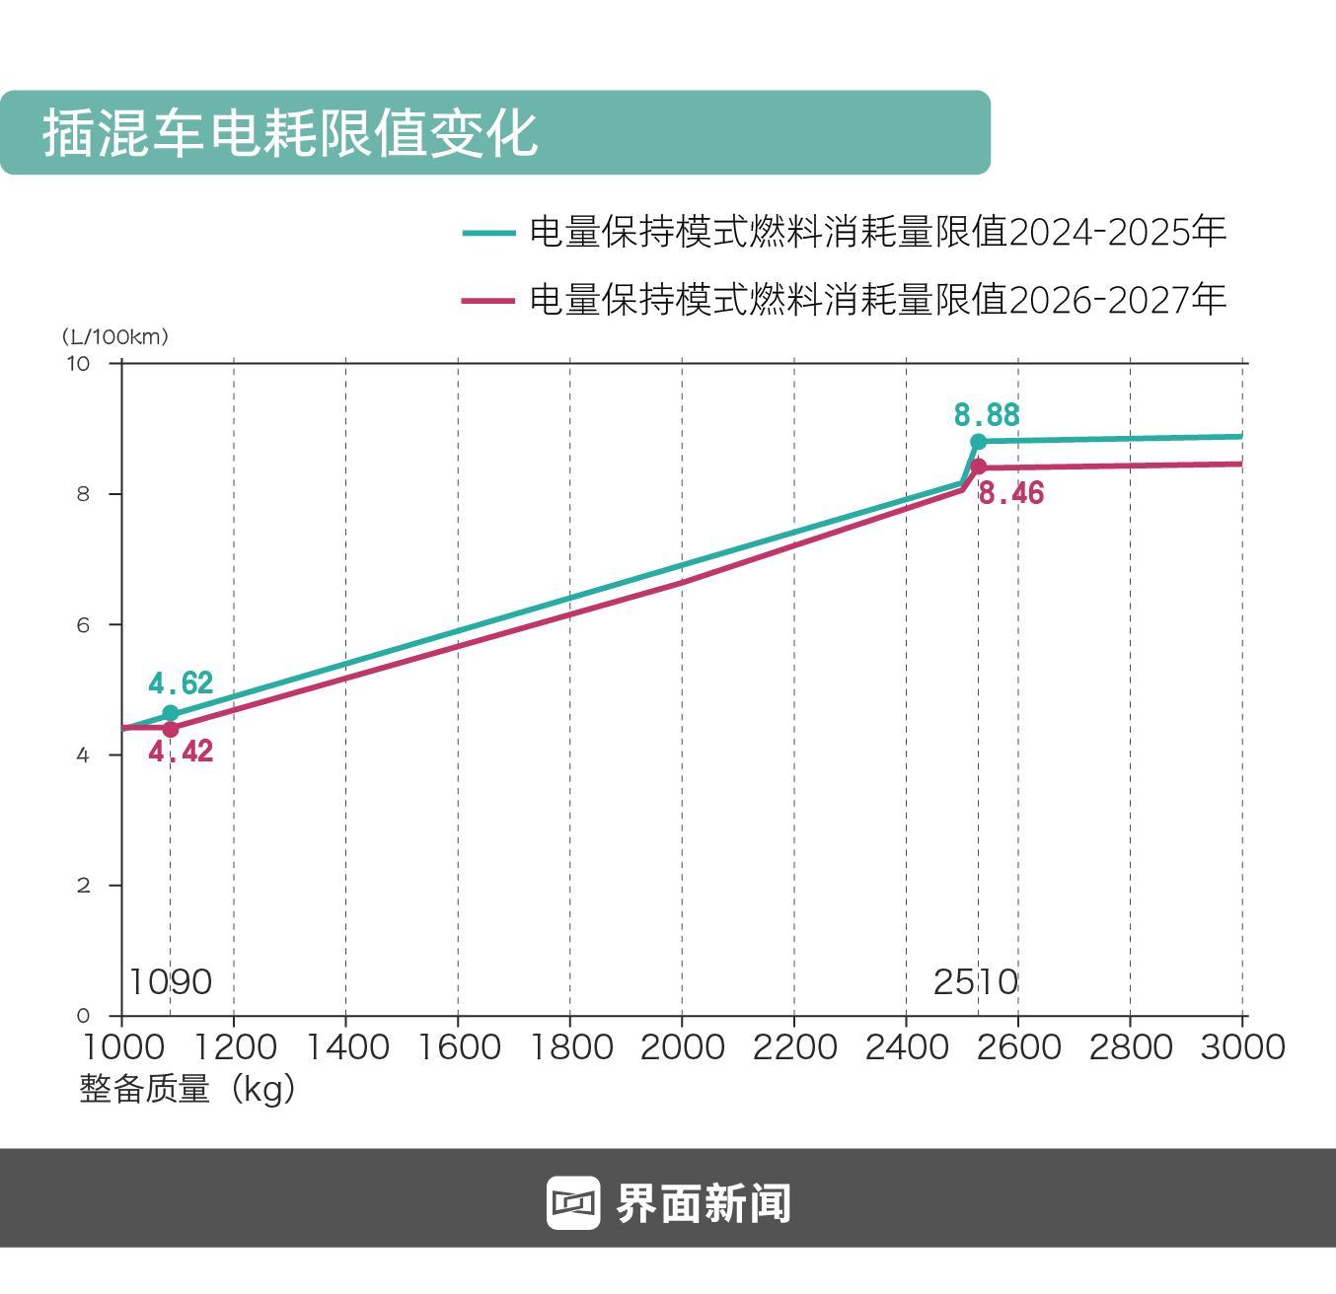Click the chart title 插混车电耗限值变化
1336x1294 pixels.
pyautogui.click(x=290, y=132)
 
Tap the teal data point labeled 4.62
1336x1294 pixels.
pyautogui.click(x=171, y=713)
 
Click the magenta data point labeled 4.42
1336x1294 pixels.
pyautogui.click(x=171, y=730)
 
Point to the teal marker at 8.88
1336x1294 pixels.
pyautogui.click(x=978, y=442)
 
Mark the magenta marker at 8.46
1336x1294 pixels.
pyautogui.click(x=978, y=467)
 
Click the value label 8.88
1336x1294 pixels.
pyautogui.click(x=986, y=415)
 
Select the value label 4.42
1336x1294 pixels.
pyautogui.click(x=181, y=752)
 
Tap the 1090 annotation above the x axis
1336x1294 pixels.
pyautogui.click(x=171, y=982)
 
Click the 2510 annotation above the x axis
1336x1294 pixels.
pyautogui.click(x=976, y=982)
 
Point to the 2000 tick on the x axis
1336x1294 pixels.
pyautogui.click(x=682, y=1046)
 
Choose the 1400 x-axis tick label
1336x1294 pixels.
pyautogui.click(x=345, y=1046)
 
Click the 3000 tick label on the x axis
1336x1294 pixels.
pyautogui.click(x=1242, y=1046)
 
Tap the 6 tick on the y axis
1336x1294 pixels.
pyautogui.click(x=83, y=625)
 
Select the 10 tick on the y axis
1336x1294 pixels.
pyautogui.click(x=78, y=364)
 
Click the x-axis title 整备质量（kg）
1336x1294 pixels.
pyautogui.click(x=187, y=1090)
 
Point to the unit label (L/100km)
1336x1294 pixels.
pyautogui.click(x=115, y=337)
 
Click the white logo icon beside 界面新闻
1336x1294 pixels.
pyautogui.click(x=573, y=1203)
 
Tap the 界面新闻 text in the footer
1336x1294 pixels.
pyautogui.click(x=704, y=1203)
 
